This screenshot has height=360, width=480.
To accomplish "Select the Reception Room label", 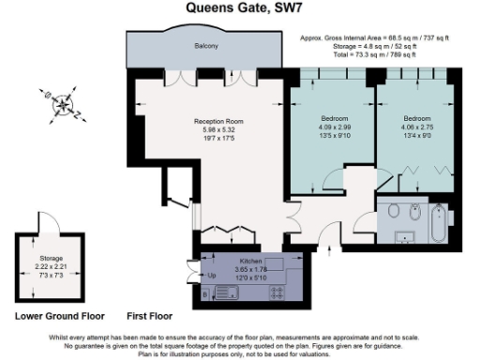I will pyautogui.click(x=219, y=123).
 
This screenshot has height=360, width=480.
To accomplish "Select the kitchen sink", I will pyautogui.click(x=230, y=292).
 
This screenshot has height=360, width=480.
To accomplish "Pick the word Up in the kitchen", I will pyautogui.click(x=210, y=276).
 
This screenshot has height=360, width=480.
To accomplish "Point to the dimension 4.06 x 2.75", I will pyautogui.click(x=416, y=127).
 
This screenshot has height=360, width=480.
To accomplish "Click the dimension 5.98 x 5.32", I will pyautogui.click(x=219, y=130).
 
